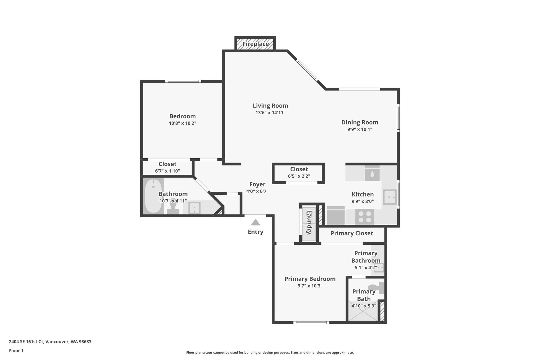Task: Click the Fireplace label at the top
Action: (x=256, y=44)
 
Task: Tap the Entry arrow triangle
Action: (x=255, y=222)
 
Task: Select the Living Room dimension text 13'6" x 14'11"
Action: (x=270, y=113)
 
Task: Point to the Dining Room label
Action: (x=360, y=122)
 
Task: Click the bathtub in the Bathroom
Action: (x=153, y=196)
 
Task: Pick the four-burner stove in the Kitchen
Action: (x=365, y=217)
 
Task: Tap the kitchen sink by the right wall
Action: (x=390, y=197)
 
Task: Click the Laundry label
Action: (x=309, y=222)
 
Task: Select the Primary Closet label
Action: (x=352, y=233)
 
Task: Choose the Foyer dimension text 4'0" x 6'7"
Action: (x=257, y=191)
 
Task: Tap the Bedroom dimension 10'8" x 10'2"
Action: (x=183, y=123)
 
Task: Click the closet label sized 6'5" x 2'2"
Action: (x=299, y=169)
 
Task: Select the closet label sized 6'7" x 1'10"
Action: (x=167, y=164)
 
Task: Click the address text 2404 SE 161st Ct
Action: (x=26, y=342)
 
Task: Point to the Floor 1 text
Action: (x=16, y=350)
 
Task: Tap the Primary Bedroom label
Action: (x=310, y=279)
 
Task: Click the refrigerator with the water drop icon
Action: (x=372, y=173)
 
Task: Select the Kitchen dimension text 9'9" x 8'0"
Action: (x=363, y=201)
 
